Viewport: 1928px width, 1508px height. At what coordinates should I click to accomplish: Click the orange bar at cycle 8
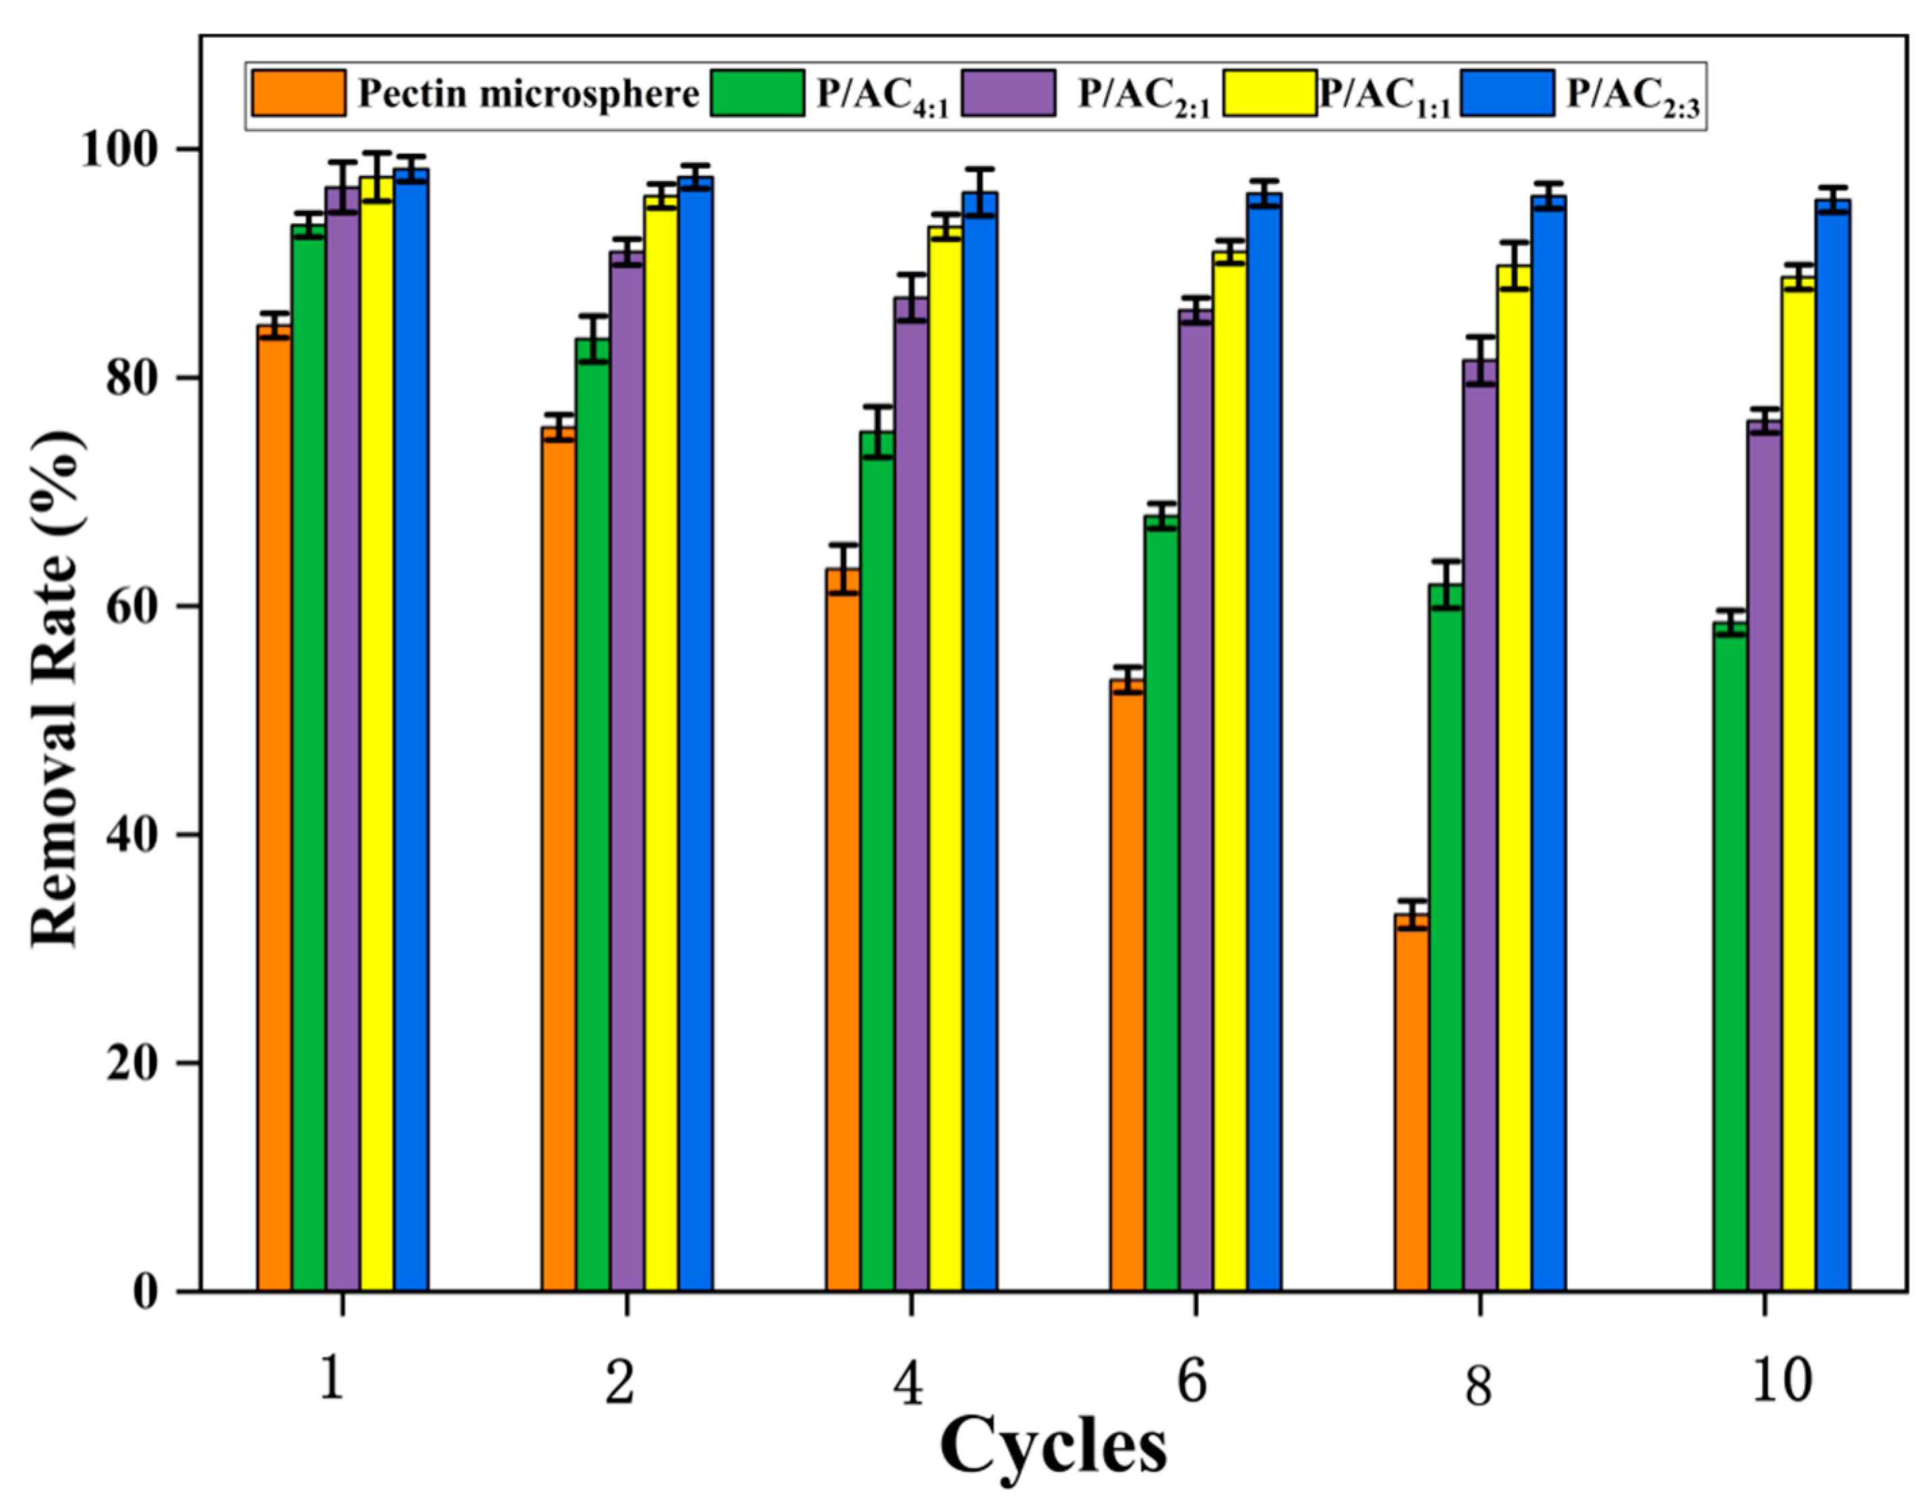(1412, 1104)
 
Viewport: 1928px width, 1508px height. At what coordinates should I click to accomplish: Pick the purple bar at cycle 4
(911, 795)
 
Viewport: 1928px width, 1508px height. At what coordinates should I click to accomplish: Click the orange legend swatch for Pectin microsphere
(299, 93)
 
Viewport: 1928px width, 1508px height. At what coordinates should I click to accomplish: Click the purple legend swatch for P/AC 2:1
(1008, 93)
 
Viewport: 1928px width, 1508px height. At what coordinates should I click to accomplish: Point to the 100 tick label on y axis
(126, 151)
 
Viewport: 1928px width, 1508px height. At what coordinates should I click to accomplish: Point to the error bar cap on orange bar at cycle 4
(843, 545)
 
